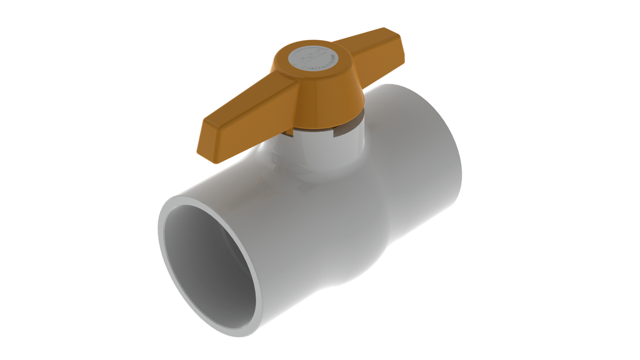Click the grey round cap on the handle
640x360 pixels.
tap(317, 57)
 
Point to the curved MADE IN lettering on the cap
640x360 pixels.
tap(320, 65)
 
